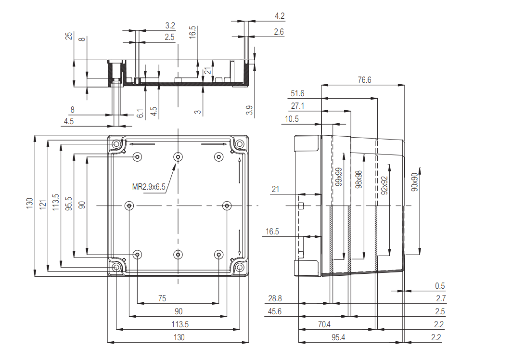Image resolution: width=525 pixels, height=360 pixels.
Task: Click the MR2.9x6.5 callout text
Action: coord(149,187)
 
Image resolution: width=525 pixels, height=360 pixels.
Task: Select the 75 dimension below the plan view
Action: coord(162,298)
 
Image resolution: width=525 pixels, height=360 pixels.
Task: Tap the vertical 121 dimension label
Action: coord(42,205)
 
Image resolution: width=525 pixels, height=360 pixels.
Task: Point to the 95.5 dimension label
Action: coord(69,204)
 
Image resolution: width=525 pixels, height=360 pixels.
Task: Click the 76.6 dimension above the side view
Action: coord(364,80)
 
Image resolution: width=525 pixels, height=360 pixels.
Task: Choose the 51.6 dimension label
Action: coord(297,93)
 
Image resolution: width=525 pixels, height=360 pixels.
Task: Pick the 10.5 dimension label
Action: coord(292,119)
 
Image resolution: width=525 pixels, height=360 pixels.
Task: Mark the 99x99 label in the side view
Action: coord(338,177)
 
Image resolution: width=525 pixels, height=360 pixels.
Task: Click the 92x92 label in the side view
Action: coord(384,185)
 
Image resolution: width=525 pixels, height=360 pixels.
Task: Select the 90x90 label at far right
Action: coord(414,182)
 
